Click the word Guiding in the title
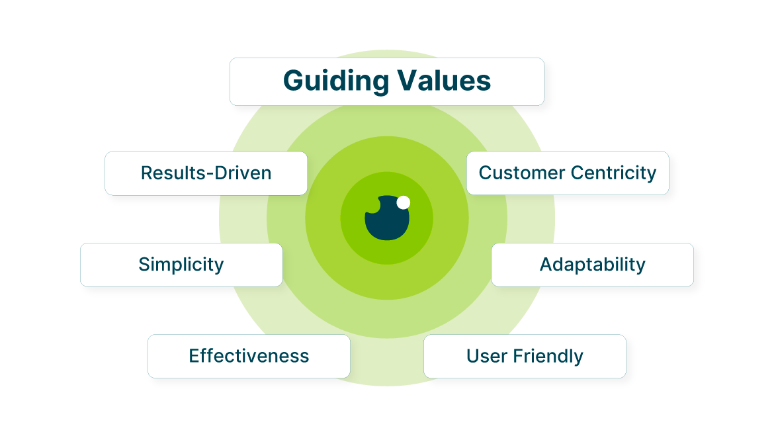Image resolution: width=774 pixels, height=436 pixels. click(336, 81)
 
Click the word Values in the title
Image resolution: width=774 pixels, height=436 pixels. click(445, 81)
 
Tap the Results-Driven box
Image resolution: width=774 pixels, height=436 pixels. click(206, 173)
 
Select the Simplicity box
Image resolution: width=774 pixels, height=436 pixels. click(181, 265)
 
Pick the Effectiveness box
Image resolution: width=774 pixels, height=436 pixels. click(249, 356)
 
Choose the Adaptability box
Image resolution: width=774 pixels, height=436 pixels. click(592, 265)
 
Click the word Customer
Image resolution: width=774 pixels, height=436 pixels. click(522, 173)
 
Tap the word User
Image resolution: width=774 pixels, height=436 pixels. click(486, 356)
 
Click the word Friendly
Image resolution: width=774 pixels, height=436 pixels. click(548, 357)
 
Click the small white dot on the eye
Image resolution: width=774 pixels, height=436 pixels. click(404, 202)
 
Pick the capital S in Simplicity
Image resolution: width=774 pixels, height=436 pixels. click(144, 265)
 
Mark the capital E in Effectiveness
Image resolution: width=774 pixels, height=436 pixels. click(194, 356)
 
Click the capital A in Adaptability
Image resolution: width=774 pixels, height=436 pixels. click(547, 265)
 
